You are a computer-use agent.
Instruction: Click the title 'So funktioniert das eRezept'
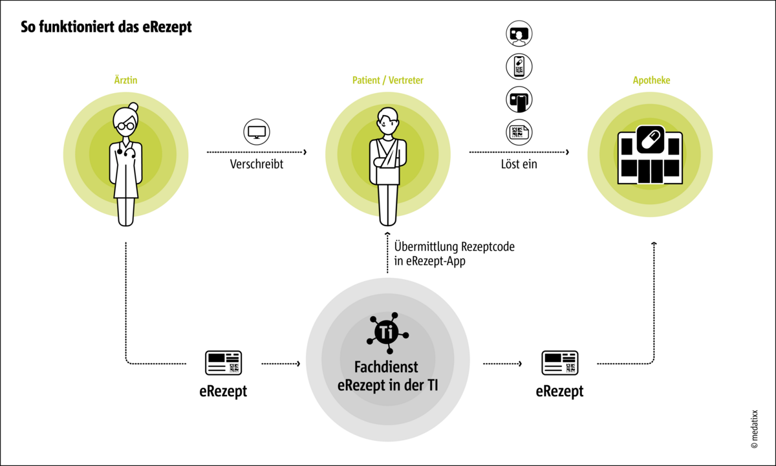click(x=106, y=28)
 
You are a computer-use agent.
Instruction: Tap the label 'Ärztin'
click(x=125, y=81)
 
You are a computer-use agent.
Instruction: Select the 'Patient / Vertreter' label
click(x=387, y=81)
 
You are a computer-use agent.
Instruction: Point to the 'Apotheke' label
click(x=651, y=81)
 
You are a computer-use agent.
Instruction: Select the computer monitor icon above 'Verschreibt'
click(x=257, y=131)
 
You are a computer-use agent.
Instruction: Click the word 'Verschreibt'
click(x=257, y=164)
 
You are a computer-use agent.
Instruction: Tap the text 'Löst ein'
click(x=519, y=164)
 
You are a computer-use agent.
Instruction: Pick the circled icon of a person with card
click(x=519, y=34)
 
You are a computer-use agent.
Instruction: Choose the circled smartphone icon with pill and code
click(x=519, y=66)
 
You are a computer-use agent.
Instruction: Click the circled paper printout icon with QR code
click(x=519, y=132)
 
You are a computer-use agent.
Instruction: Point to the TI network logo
click(x=387, y=332)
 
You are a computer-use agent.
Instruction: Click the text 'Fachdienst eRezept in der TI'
click(x=387, y=376)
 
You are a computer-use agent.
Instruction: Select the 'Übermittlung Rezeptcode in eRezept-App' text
click(x=455, y=254)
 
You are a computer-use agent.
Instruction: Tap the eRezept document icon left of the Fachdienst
click(x=223, y=363)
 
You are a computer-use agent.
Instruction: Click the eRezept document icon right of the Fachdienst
click(x=560, y=363)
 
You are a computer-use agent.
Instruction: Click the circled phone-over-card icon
click(x=519, y=99)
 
